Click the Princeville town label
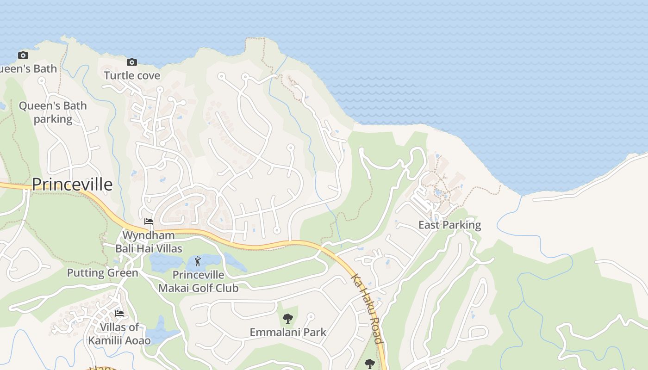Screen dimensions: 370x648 coord(72,185)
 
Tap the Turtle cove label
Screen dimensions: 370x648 coord(132,75)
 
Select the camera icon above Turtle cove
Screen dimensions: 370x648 coord(132,62)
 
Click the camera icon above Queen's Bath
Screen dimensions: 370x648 coord(23,55)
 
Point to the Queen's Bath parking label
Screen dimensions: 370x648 coord(53,112)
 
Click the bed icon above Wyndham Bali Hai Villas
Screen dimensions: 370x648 coord(149,222)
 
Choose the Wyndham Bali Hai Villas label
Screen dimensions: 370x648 coord(149,242)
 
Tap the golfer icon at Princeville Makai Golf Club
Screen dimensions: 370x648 coord(198,261)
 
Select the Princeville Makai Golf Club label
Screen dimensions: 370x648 coord(199,282)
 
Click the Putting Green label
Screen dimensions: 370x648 coord(103,273)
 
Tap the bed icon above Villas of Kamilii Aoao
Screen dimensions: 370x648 coord(119,314)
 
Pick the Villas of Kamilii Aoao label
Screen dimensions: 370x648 coord(119,334)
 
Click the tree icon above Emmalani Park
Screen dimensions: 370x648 coord(288,319)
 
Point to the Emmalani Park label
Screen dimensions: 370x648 coord(288,332)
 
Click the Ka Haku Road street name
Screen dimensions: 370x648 coord(367,308)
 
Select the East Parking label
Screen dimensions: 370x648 coord(449,225)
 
